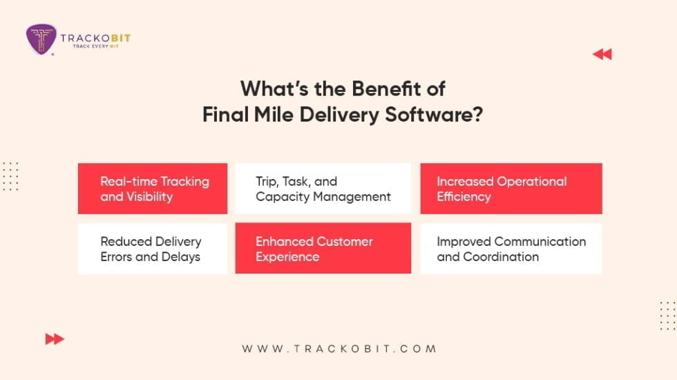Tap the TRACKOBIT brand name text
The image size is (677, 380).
coord(95,38)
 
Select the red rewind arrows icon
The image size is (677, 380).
coord(602,55)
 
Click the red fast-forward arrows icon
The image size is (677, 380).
coord(55,339)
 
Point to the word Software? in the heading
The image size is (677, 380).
coord(435,115)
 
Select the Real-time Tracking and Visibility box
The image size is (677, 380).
coord(153,189)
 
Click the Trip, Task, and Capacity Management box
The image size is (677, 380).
coord(323,189)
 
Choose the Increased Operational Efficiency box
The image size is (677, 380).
coord(511,189)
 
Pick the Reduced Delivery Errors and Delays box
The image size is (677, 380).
coord(153,249)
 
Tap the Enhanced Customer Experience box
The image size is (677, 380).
coord(323,249)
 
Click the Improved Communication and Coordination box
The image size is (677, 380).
coord(511,249)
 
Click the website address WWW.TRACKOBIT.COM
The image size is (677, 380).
coord(339,349)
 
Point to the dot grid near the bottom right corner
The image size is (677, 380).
coord(667,315)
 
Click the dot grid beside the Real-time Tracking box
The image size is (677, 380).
coord(10,176)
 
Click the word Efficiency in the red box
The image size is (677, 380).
coord(464,197)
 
